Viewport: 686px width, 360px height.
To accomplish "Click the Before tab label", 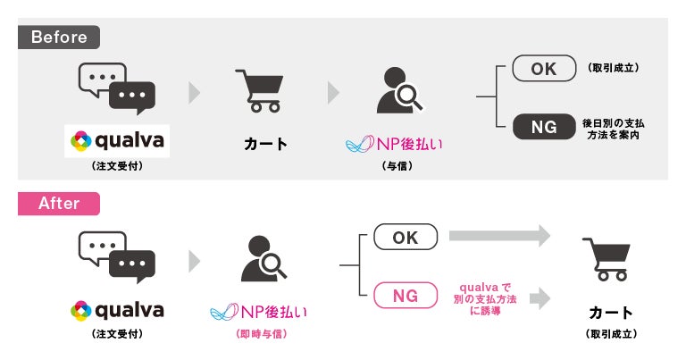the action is point(59,38).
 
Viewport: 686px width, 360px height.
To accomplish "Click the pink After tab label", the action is point(59,204).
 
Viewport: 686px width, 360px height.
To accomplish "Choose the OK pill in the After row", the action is point(406,237).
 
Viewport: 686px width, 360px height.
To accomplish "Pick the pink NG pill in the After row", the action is point(406,294).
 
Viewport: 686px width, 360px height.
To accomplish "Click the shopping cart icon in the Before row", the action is point(260,90).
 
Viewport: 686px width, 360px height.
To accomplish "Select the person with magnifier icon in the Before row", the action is point(397,89).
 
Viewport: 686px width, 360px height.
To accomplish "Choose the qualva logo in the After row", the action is point(117,310).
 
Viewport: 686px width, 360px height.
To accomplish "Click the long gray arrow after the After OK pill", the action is point(499,237).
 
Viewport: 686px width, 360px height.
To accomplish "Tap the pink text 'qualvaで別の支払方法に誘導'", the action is point(484,294).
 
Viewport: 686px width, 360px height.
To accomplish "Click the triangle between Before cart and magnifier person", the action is point(333,92).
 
